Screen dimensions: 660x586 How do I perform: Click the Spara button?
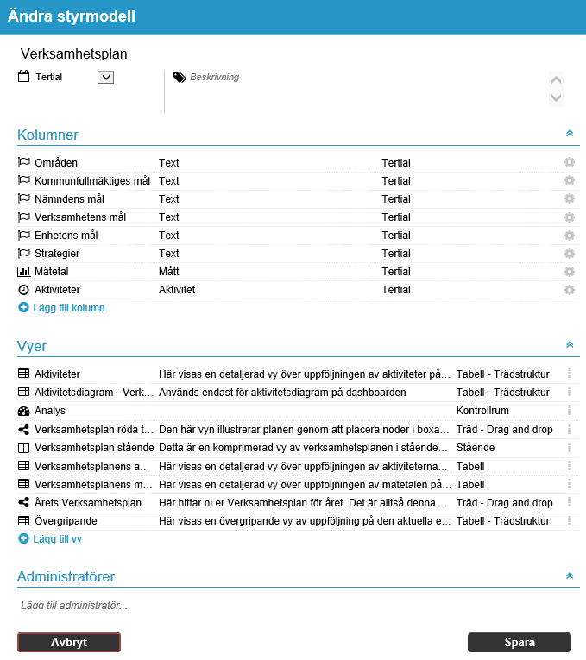(519, 642)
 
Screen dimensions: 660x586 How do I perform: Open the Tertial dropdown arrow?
(106, 77)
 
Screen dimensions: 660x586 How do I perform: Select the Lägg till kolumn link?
(69, 307)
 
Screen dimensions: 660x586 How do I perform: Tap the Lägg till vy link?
(57, 538)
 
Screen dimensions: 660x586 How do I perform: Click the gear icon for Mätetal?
(569, 272)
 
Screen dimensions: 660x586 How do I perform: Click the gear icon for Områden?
(569, 162)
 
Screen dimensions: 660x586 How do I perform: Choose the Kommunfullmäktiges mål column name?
(92, 180)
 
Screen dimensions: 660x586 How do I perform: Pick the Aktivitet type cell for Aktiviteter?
(177, 290)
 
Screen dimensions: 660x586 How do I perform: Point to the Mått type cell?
(169, 272)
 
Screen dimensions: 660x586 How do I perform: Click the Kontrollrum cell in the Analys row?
(483, 411)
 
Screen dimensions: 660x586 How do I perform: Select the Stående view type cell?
(476, 447)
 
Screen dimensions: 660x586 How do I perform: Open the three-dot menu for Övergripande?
(569, 520)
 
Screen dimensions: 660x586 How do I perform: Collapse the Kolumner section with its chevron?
(569, 134)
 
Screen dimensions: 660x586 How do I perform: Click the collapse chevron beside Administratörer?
(569, 575)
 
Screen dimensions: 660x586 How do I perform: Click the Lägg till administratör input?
(259, 606)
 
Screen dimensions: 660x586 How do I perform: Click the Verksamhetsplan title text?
(73, 53)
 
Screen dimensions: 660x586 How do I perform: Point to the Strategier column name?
(57, 254)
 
